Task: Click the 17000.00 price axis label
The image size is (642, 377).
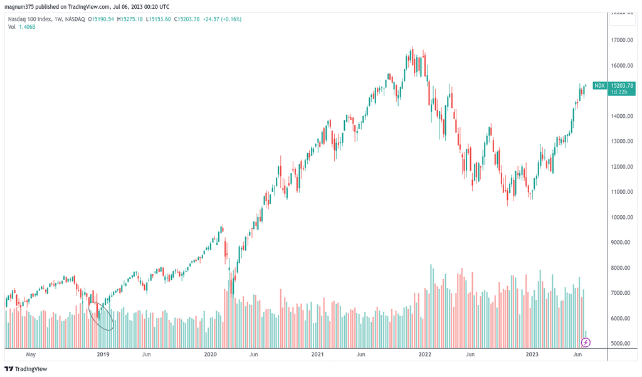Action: tap(624, 40)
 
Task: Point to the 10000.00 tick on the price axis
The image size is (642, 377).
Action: tap(624, 217)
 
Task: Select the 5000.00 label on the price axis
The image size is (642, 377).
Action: tap(624, 344)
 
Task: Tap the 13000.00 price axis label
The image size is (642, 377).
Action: tap(624, 141)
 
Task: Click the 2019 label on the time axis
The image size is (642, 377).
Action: tap(103, 354)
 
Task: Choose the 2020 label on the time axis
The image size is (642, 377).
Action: tap(211, 354)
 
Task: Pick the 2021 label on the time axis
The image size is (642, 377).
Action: tap(318, 354)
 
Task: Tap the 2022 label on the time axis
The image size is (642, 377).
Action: tap(425, 354)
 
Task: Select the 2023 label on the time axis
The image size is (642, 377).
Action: tap(532, 354)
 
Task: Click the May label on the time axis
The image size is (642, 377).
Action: tap(30, 354)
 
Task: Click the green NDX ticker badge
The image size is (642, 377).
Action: tap(599, 86)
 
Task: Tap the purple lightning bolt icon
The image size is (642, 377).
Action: tap(586, 342)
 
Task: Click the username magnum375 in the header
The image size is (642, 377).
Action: tap(21, 7)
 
